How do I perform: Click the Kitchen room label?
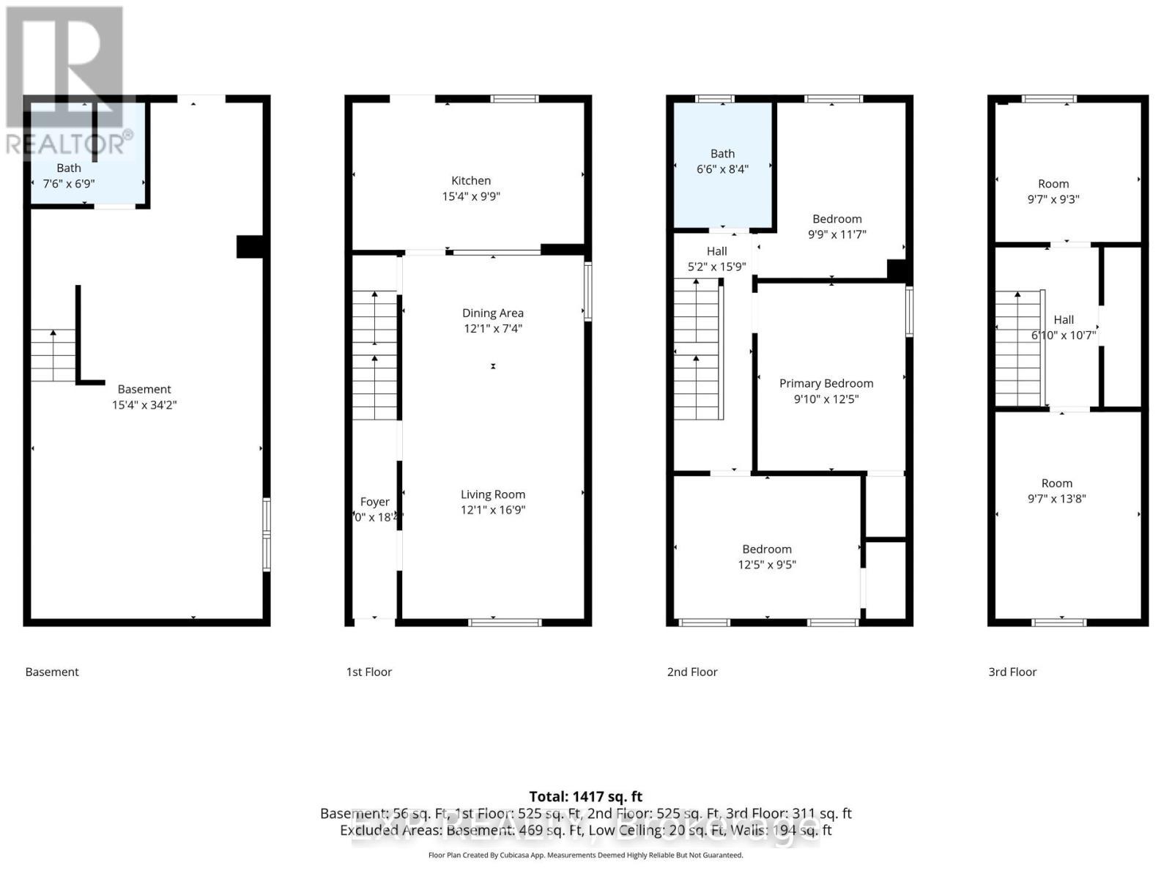click(x=471, y=181)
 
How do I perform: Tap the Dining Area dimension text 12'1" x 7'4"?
click(x=492, y=329)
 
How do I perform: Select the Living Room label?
click(x=492, y=494)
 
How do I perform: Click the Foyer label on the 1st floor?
click(x=374, y=502)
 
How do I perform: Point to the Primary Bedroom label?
click(x=826, y=383)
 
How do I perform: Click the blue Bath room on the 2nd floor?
click(x=722, y=165)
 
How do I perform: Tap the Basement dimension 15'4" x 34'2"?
click(x=144, y=404)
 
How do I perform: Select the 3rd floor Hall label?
click(x=1064, y=320)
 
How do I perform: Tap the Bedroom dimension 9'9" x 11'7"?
click(x=837, y=234)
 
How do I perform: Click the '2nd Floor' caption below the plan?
click(x=691, y=672)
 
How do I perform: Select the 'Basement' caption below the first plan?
click(x=52, y=672)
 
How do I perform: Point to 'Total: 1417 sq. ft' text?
click(x=585, y=796)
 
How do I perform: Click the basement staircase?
click(x=53, y=356)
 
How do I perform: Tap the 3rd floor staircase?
click(x=1017, y=349)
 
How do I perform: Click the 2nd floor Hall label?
click(x=716, y=251)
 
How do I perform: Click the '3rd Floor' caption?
click(x=1012, y=672)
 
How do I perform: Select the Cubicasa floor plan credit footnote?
click(x=585, y=855)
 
